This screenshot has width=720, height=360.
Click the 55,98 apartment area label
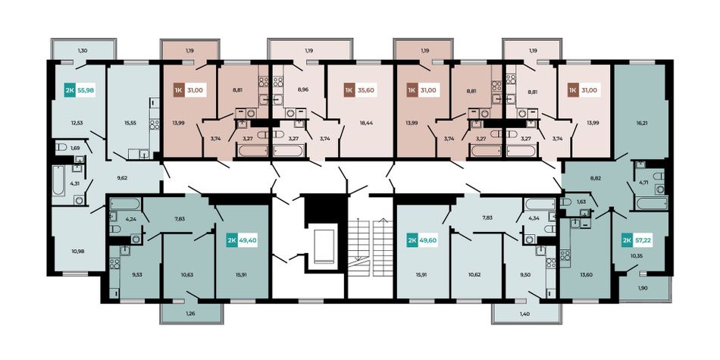pos(86,90)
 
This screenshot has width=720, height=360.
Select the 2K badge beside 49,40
pos(231,239)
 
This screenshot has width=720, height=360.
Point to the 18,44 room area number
pos(366,123)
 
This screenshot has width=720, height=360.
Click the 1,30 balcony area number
pos(82,50)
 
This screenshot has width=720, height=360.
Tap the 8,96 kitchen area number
pos(302,90)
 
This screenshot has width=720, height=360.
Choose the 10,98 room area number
pos(77,251)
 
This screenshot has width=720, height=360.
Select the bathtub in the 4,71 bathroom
pos(651,203)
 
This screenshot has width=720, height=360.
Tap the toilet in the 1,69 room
pos(61,147)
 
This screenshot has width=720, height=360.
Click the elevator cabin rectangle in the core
pos(326,246)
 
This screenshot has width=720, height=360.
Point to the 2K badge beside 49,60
pos(412,239)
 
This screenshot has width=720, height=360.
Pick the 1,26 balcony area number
pos(190,313)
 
